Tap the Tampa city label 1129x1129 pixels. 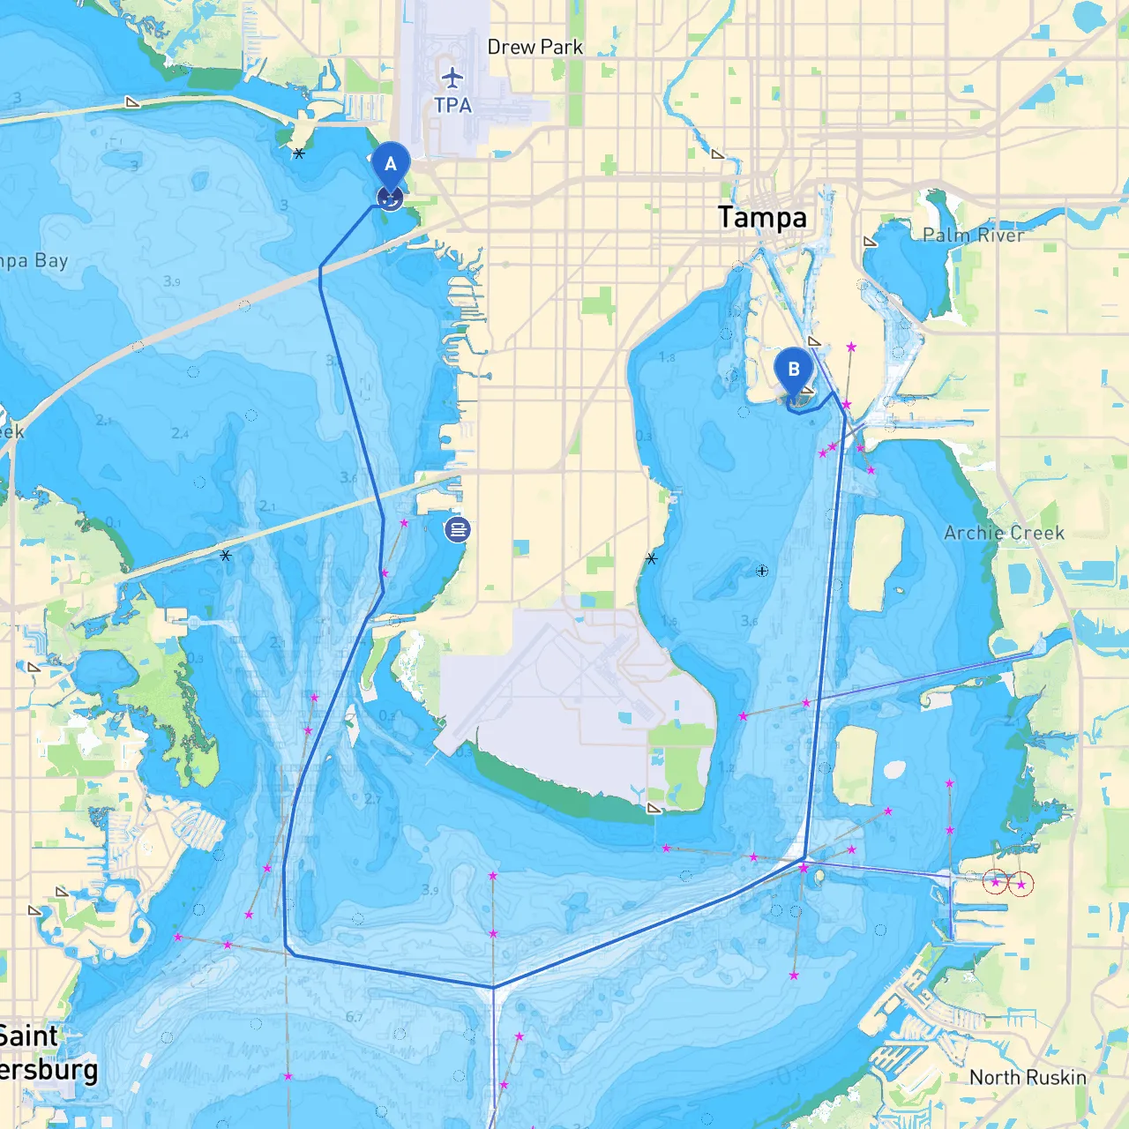(762, 217)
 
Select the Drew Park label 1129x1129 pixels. (535, 47)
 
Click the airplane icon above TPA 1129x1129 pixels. (452, 78)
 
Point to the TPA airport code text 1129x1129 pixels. (452, 105)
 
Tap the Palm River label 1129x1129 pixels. (973, 235)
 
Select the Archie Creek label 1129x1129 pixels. (1004, 533)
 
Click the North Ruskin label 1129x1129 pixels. (1028, 1077)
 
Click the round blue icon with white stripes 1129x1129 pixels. (457, 529)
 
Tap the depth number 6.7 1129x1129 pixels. (354, 1017)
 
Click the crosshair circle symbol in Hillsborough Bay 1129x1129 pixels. (762, 571)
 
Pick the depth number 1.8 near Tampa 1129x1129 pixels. (667, 357)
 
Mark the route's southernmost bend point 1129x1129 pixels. (493, 987)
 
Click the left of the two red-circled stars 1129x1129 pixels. (996, 882)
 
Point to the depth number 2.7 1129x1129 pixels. (372, 799)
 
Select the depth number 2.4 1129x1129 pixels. (180, 433)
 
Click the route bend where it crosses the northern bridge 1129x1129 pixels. (320, 268)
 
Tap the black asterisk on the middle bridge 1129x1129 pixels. (226, 556)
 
